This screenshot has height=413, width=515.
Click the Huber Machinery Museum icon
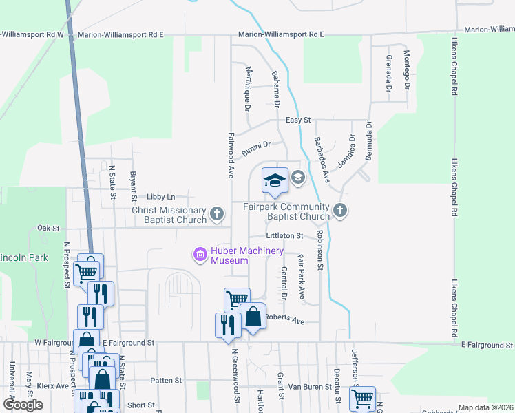pyautogui.click(x=200, y=255)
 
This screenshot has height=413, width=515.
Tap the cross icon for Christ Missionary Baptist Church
pyautogui.click(x=217, y=214)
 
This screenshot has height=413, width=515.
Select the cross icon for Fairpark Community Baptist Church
pyautogui.click(x=339, y=211)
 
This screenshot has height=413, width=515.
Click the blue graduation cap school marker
pyautogui.click(x=275, y=180)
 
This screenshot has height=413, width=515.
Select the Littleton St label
pyautogui.click(x=285, y=235)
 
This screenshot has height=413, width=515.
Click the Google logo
pyautogui.click(x=22, y=405)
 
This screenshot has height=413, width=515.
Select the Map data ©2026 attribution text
pyautogui.click(x=485, y=407)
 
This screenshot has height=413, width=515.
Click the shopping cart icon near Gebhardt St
pyautogui.click(x=361, y=398)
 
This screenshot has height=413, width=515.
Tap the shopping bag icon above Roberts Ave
pyautogui.click(x=253, y=317)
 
